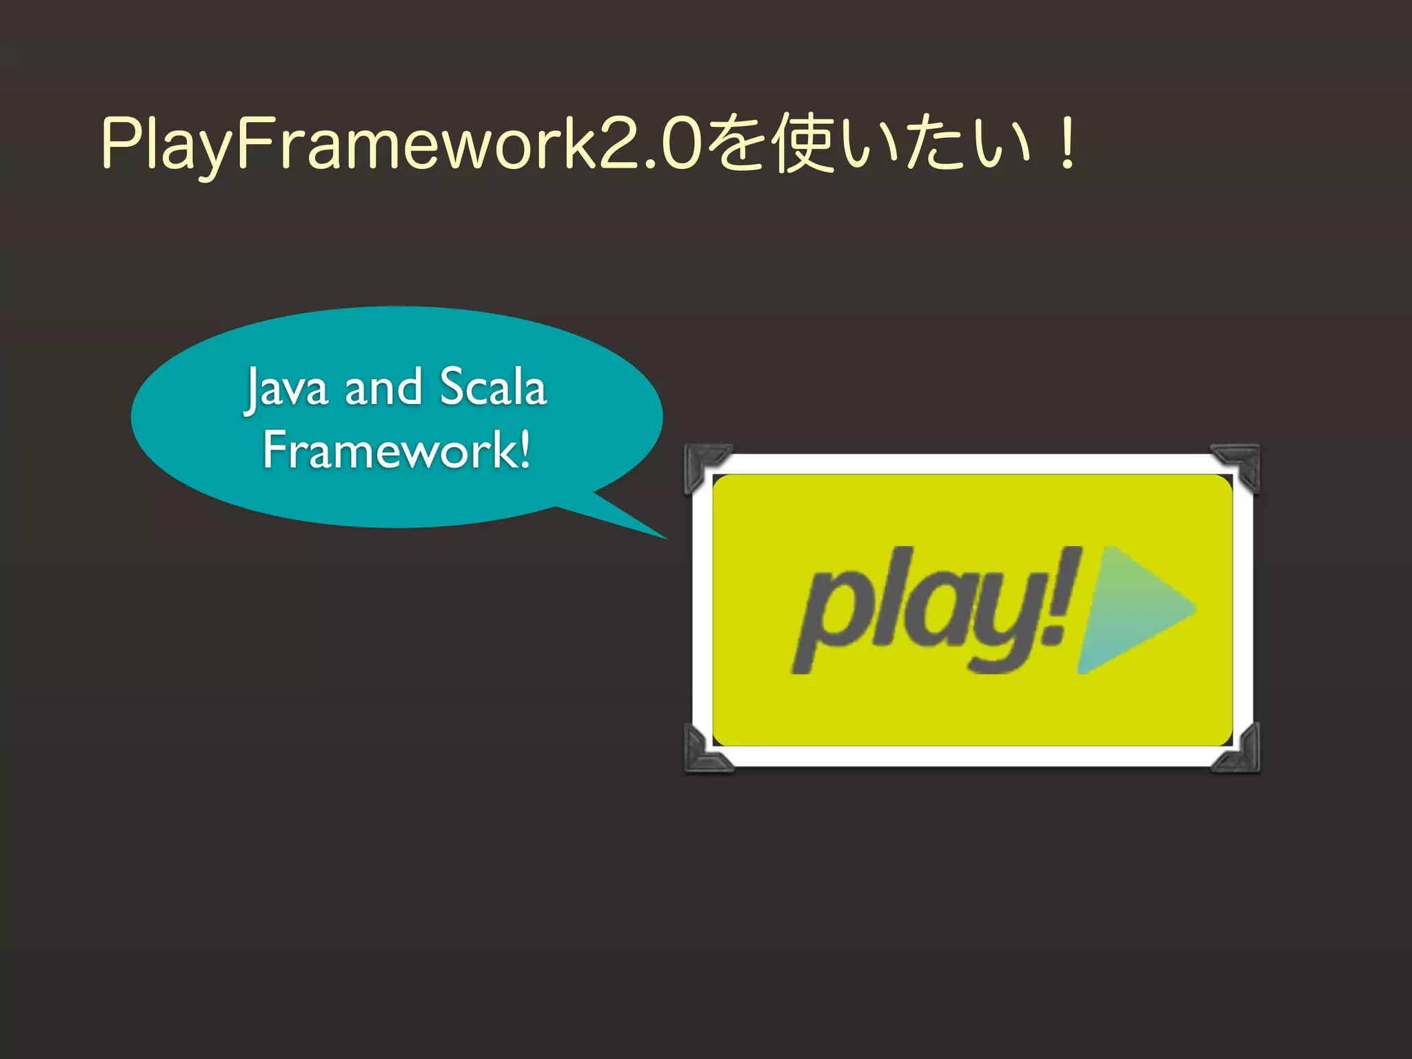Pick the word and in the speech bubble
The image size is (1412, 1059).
(383, 387)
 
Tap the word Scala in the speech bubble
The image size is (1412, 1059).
(493, 387)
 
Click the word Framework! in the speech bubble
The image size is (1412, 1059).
(396, 450)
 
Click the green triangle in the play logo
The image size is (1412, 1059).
(1131, 609)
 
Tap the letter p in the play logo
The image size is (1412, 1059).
(831, 617)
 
